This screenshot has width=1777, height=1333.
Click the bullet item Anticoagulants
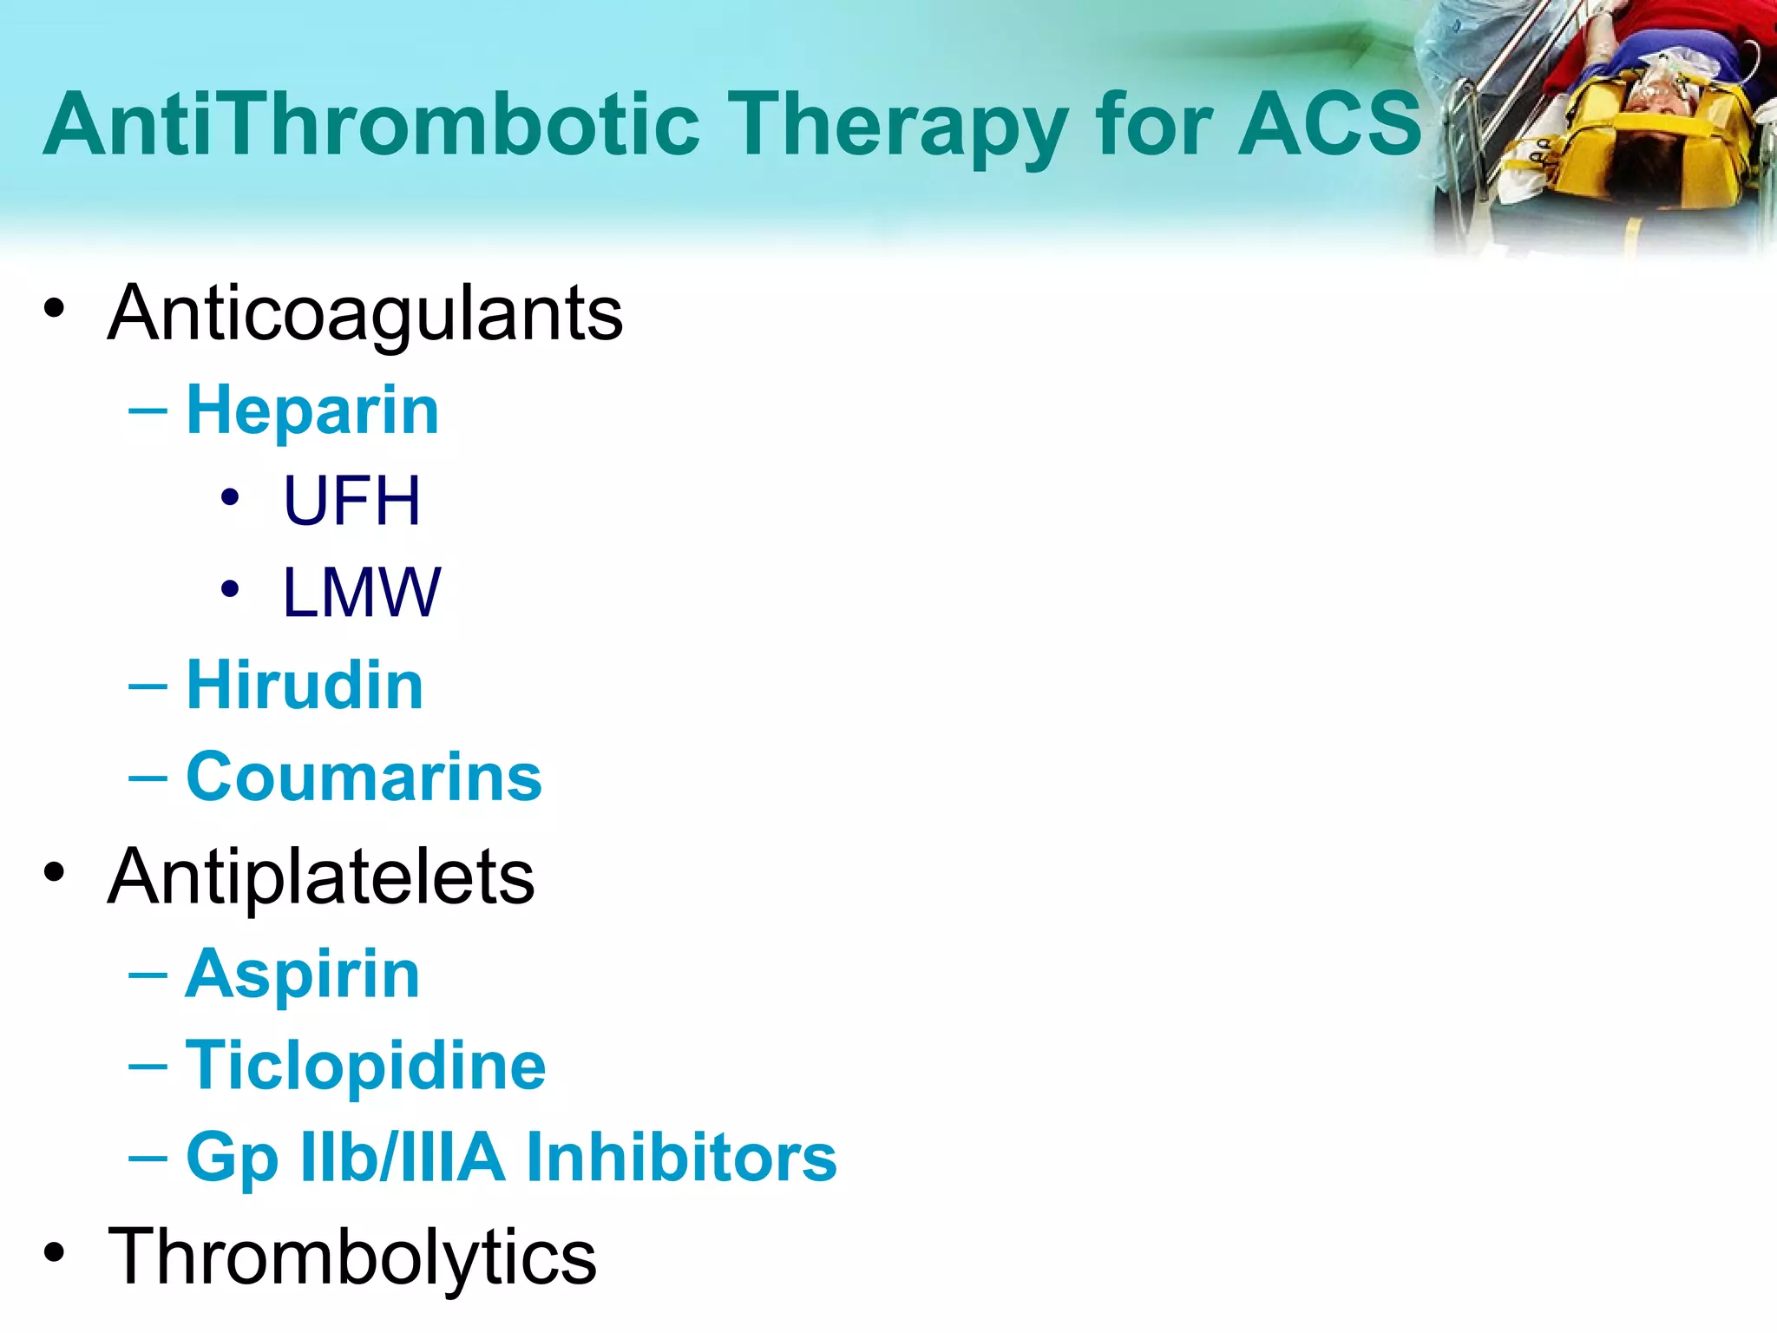(x=364, y=313)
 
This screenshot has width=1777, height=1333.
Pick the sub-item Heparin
(x=312, y=410)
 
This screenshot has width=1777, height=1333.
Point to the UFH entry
(x=351, y=501)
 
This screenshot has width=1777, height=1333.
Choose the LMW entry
(x=361, y=593)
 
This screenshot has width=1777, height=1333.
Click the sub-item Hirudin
(x=305, y=685)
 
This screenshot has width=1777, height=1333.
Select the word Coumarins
(x=364, y=777)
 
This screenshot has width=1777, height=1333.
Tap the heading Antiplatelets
(x=321, y=877)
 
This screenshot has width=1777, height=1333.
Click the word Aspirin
(x=303, y=974)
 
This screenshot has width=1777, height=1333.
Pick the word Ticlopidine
(x=365, y=1066)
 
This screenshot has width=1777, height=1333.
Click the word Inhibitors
(x=681, y=1157)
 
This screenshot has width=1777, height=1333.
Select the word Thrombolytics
(x=351, y=1256)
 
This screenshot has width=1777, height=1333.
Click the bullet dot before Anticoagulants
(x=55, y=309)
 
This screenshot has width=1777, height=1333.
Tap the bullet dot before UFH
(x=229, y=497)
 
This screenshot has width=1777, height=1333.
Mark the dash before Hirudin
(x=148, y=686)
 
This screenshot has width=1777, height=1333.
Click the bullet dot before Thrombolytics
(x=55, y=1252)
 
